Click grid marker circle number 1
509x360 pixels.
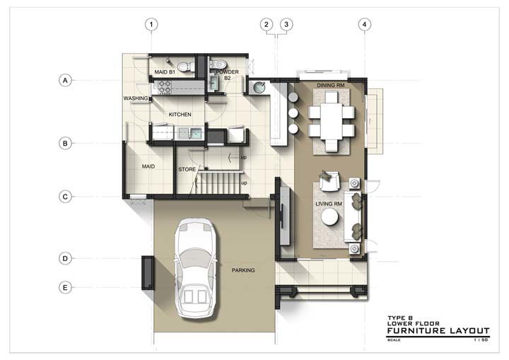click(151, 24)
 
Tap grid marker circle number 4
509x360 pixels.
click(365, 24)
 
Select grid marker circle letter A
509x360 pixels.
click(65, 80)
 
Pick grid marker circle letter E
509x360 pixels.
click(65, 288)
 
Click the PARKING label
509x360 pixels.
click(243, 270)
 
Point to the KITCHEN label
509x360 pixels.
click(180, 115)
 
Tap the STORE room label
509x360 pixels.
click(187, 169)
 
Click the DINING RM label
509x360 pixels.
click(330, 85)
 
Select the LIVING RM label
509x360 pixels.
click(329, 204)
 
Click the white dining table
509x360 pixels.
click(332, 121)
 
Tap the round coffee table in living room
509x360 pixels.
click(330, 216)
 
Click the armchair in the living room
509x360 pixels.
click(329, 181)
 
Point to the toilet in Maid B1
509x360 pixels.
click(185, 66)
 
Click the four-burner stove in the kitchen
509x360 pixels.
click(164, 88)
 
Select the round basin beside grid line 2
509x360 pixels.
click(259, 87)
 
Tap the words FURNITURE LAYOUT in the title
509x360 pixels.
click(438, 331)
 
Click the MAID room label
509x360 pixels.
click(148, 166)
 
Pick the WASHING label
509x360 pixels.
click(136, 98)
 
